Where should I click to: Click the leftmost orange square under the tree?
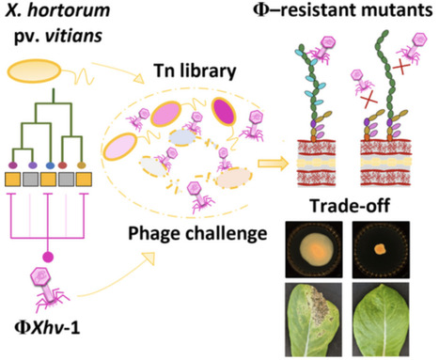(x=16, y=177)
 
